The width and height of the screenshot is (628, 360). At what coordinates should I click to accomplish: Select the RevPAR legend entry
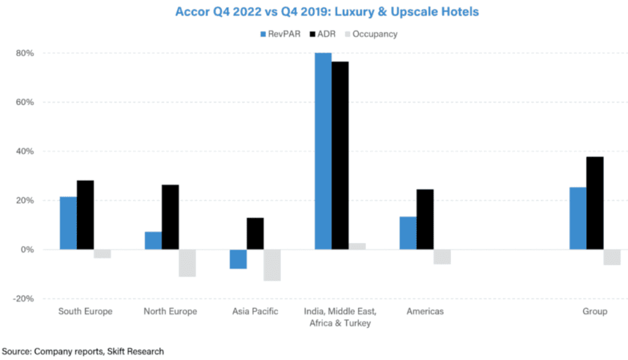click(x=280, y=34)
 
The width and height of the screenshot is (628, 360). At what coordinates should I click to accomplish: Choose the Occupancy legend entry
click(x=369, y=34)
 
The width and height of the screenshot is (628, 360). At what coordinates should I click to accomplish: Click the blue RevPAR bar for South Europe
click(x=68, y=223)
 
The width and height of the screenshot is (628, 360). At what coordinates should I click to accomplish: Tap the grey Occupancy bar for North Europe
click(x=187, y=263)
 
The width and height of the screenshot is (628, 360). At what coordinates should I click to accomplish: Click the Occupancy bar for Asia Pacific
click(x=272, y=265)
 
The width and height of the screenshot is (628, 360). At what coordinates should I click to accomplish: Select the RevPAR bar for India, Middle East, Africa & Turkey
click(x=323, y=151)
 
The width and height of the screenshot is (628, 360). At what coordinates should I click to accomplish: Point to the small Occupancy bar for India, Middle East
click(x=357, y=247)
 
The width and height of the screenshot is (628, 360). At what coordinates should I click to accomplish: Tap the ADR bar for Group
click(x=595, y=203)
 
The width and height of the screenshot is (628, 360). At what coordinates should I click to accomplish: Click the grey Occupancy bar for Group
click(x=612, y=257)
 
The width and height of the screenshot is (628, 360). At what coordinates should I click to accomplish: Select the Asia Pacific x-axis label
click(x=255, y=312)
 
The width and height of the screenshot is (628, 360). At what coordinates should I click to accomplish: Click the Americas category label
click(x=425, y=312)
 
